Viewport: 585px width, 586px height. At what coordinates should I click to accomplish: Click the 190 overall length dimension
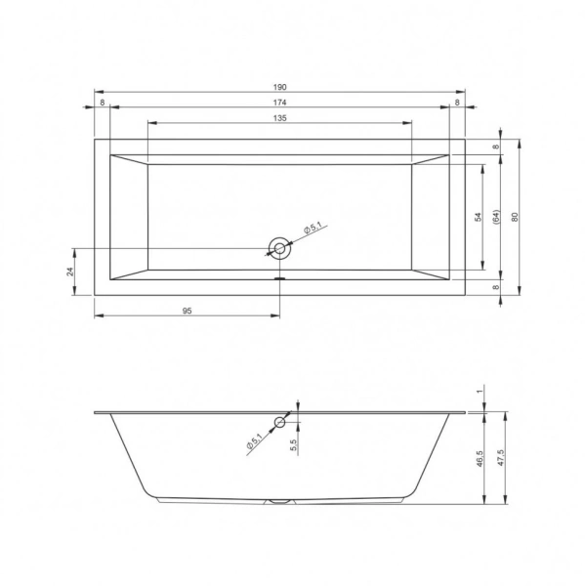coord(280,86)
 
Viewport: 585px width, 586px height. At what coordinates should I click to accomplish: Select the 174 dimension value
coord(280,102)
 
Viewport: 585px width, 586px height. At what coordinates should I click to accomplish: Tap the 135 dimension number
coord(279,117)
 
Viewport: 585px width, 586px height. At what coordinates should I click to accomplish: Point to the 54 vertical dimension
coord(479,217)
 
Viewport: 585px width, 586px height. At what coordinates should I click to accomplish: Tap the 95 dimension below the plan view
coord(187,310)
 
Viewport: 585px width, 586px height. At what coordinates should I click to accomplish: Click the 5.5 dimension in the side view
coord(293,441)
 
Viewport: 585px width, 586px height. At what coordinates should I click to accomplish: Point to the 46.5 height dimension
coord(481,457)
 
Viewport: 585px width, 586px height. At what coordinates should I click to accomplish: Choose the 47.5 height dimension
coord(500,457)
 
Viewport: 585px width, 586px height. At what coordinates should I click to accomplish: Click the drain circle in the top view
coord(280,248)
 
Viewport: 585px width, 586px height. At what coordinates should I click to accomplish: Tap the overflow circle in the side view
coord(280,422)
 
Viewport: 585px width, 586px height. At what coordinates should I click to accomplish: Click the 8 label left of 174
coord(102,102)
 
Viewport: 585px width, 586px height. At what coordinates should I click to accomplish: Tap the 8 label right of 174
coord(457,102)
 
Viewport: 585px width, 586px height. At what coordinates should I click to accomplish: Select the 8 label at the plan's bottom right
coord(496,287)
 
